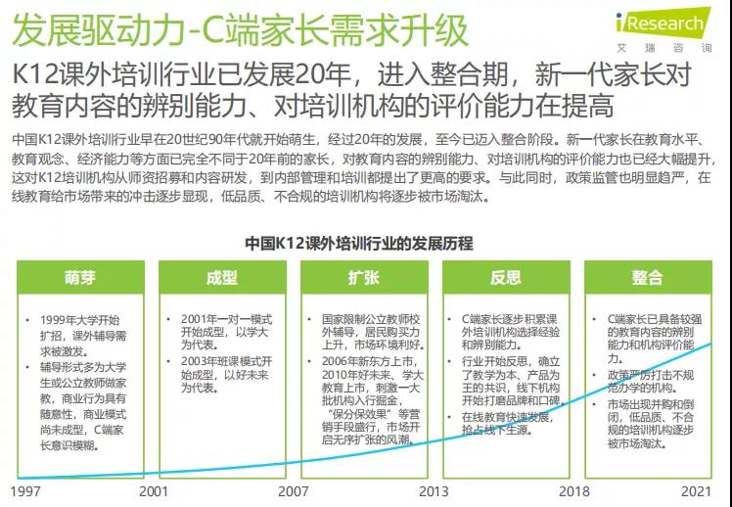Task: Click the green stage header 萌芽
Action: coord(80,277)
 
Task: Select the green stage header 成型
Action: coord(221,277)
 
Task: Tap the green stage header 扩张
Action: coord(364,277)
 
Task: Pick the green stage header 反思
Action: coord(506,277)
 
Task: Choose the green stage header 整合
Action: coord(647,277)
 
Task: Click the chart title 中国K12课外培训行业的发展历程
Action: coord(365,242)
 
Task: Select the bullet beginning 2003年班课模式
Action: coord(224,374)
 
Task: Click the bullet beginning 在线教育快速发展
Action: coord(510,423)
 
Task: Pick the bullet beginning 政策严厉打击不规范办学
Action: coord(651,381)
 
